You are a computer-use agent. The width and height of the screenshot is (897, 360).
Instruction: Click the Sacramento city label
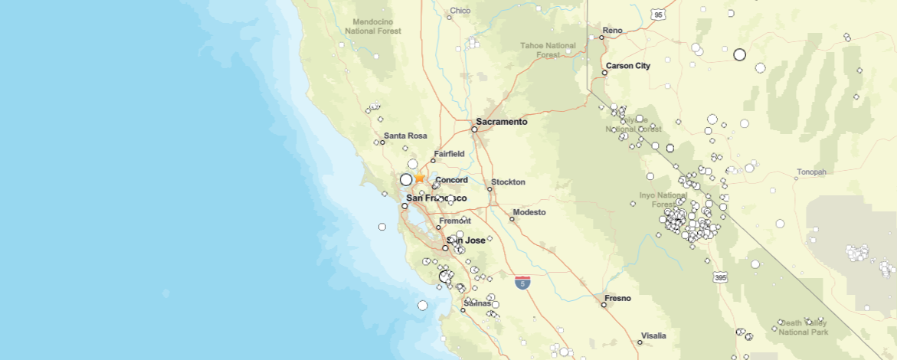[x=502, y=122]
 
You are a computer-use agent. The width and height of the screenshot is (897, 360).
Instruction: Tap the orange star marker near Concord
[x=420, y=178]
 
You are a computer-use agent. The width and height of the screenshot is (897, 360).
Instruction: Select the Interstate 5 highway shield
[x=522, y=282]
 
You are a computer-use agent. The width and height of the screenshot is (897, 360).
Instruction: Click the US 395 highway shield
[x=719, y=276]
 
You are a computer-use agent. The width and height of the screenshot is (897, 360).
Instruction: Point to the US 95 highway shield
[x=657, y=15]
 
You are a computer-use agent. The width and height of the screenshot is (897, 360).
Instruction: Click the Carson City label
[x=627, y=66]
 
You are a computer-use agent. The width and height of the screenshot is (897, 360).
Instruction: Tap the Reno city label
[x=613, y=31]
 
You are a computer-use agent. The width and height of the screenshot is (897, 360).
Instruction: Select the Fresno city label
[x=617, y=298]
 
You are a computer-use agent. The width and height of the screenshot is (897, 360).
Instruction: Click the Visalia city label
[x=653, y=335]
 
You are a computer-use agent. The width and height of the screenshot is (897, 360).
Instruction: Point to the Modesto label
[x=529, y=212]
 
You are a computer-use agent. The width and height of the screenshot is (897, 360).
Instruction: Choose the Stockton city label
[x=508, y=182]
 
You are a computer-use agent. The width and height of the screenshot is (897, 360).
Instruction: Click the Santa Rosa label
[x=405, y=136]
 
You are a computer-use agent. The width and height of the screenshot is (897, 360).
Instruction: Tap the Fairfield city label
[x=449, y=154]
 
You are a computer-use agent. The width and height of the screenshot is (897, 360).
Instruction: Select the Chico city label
[x=460, y=11]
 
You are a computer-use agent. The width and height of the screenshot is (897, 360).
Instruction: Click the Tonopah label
[x=811, y=172]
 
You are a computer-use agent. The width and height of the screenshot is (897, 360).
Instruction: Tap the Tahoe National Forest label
[x=548, y=50]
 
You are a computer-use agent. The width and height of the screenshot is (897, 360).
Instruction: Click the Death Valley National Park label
[x=803, y=327]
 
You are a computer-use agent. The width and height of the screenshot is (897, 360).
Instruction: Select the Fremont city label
[x=455, y=221]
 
